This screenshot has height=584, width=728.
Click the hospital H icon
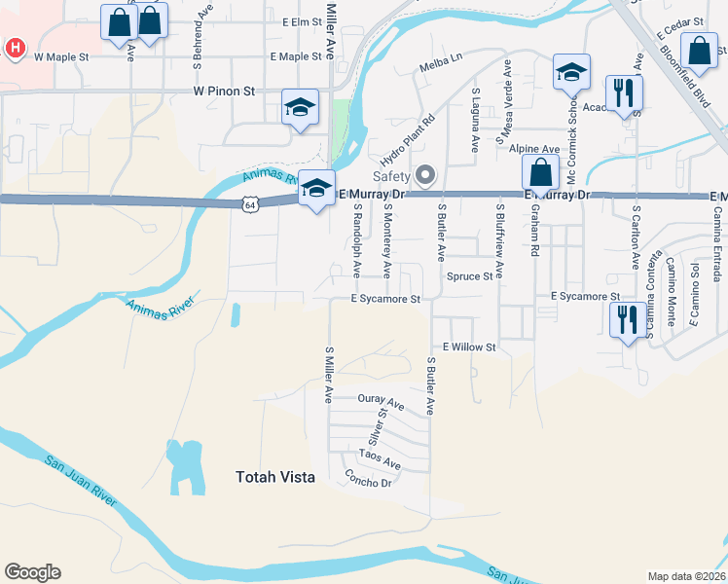(16, 48)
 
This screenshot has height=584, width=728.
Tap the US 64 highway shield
(250, 204)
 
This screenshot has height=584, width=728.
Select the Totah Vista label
(275, 477)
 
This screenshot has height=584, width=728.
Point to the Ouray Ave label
(381, 401)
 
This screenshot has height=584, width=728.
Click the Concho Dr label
(368, 478)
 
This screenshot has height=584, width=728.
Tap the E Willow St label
(469, 347)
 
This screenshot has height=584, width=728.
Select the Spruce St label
(469, 276)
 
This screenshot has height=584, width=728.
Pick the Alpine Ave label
(534, 149)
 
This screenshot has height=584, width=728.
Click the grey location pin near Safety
(424, 175)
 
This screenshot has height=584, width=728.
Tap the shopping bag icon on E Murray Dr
(539, 173)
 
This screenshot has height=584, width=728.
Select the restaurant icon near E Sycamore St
(624, 318)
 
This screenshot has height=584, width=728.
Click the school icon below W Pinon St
(300, 108)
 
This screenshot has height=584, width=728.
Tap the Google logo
(32, 572)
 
